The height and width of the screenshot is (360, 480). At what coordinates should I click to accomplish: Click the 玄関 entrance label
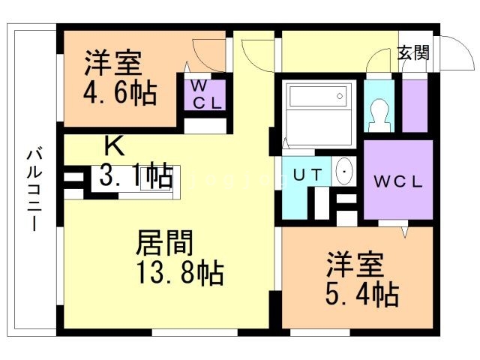point(413,53)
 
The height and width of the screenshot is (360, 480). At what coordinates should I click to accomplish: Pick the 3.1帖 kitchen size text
point(136,177)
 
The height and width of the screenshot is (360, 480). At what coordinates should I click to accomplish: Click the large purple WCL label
point(398,181)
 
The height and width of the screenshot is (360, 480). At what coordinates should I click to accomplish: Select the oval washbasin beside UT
point(344,172)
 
